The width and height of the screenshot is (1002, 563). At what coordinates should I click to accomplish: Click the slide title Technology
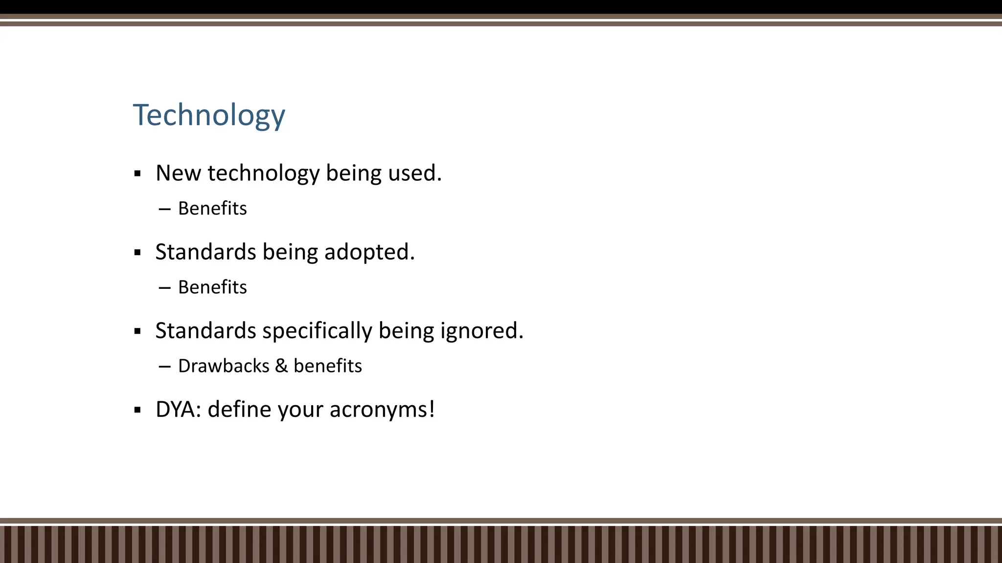click(x=209, y=116)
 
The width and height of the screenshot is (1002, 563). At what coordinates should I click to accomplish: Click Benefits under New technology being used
click(x=212, y=208)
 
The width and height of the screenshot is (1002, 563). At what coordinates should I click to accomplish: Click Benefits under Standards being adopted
click(x=212, y=287)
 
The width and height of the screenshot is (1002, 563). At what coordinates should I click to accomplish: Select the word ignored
click(x=481, y=331)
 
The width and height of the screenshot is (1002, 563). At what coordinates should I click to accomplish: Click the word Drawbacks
click(x=224, y=366)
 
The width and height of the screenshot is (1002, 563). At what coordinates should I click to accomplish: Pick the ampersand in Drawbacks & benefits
click(x=281, y=366)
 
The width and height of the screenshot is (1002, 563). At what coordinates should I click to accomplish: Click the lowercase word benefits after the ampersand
click(x=327, y=366)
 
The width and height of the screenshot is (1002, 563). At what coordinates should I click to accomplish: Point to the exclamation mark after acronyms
click(x=432, y=409)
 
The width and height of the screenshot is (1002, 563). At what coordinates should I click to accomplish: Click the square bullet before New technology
click(x=137, y=173)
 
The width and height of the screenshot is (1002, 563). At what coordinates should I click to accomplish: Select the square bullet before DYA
click(x=137, y=410)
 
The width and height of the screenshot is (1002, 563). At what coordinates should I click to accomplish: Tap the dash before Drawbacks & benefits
click(x=165, y=366)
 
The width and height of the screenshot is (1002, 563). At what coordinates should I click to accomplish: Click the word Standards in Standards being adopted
click(x=205, y=252)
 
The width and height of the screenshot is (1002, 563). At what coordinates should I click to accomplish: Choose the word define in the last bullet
click(x=239, y=410)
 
